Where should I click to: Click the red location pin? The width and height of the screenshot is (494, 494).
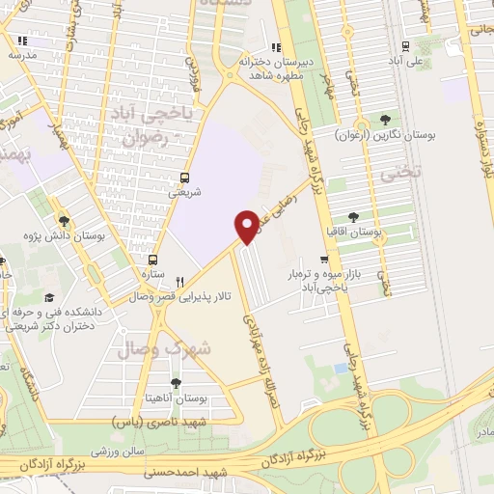click(247, 225)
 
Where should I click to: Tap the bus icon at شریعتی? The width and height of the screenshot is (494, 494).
click(185, 178)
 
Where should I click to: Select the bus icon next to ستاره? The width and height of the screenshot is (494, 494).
click(152, 260)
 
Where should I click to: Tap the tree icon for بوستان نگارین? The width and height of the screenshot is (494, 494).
click(385, 120)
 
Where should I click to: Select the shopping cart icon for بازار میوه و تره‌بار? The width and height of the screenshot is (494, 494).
click(325, 259)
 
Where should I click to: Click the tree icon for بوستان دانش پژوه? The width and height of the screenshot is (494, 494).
click(64, 221)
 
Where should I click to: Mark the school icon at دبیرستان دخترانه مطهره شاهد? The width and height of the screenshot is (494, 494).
click(276, 46)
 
